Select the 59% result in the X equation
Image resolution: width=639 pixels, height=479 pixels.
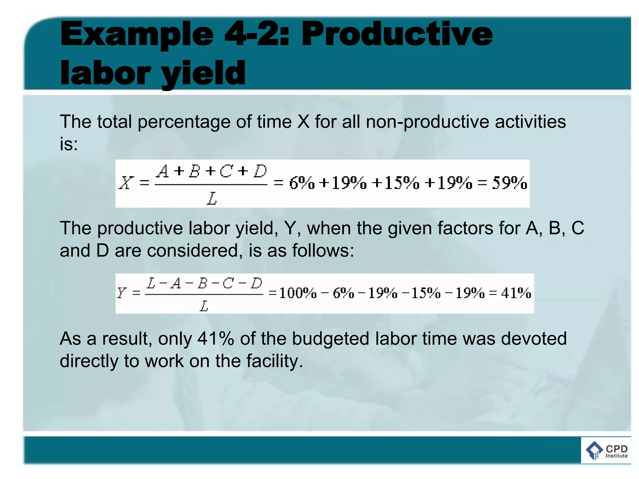[x=509, y=183]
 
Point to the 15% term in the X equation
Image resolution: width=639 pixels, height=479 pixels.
[x=402, y=183]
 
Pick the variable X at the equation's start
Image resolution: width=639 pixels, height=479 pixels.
[x=126, y=183]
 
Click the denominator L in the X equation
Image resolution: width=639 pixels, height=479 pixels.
[x=212, y=198]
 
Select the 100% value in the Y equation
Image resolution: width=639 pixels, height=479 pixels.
[x=297, y=293]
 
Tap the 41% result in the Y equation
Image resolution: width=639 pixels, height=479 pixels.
[x=516, y=293]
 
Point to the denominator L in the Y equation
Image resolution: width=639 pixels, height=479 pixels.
[x=204, y=306]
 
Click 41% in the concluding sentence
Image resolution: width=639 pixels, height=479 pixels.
[x=216, y=339]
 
